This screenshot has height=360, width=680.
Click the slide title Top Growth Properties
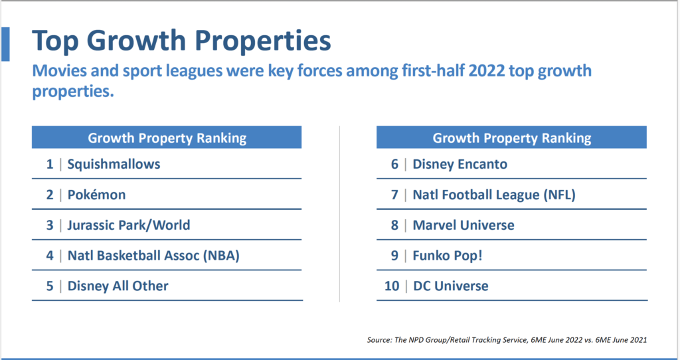(x=181, y=41)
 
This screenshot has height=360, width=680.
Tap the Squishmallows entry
(x=114, y=163)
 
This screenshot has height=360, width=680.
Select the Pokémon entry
(x=96, y=195)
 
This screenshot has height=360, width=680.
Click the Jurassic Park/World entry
(x=128, y=225)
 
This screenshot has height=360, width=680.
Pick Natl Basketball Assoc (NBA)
(x=153, y=256)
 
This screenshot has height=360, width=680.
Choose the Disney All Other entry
(x=118, y=286)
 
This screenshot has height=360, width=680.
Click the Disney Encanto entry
(x=460, y=163)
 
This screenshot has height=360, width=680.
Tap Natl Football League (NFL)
(x=493, y=195)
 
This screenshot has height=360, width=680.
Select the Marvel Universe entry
(x=464, y=225)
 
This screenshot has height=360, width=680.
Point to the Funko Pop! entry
(x=448, y=256)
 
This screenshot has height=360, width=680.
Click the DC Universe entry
(x=450, y=286)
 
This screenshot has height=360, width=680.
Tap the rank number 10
(x=392, y=286)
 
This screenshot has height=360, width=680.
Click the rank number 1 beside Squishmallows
(x=50, y=163)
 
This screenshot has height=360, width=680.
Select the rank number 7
(x=394, y=195)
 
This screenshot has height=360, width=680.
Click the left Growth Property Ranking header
(x=167, y=138)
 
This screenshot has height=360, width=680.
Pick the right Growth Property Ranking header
(x=511, y=138)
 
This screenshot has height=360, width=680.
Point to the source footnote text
(x=507, y=340)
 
